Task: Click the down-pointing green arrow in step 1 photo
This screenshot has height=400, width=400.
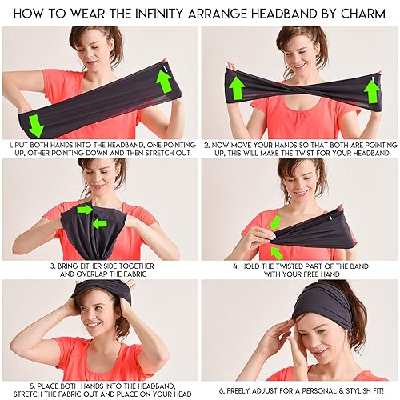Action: [34, 123]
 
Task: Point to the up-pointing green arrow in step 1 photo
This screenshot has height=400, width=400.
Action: [165, 81]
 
